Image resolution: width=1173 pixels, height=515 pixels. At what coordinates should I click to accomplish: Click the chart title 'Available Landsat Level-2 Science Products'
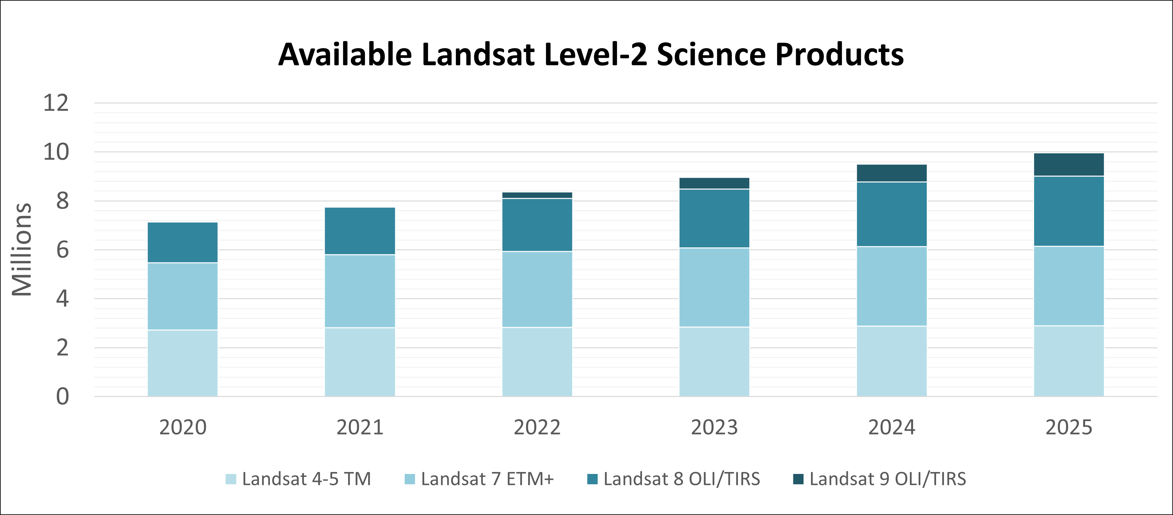pyautogui.click(x=591, y=55)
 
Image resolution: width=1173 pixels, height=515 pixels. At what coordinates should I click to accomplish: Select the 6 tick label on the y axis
pyautogui.click(x=62, y=250)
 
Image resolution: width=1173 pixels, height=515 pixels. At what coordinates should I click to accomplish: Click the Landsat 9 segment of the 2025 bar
pyautogui.click(x=1069, y=164)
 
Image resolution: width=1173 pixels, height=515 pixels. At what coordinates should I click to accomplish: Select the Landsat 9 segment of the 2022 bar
pyautogui.click(x=537, y=195)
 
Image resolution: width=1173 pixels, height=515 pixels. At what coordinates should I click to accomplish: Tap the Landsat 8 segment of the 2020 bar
pyautogui.click(x=183, y=242)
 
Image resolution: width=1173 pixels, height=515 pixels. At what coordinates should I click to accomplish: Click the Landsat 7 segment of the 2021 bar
pyautogui.click(x=360, y=291)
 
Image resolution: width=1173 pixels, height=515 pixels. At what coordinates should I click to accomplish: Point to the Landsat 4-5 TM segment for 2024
pyautogui.click(x=891, y=361)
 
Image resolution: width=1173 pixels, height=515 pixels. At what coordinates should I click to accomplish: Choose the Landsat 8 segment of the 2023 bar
pyautogui.click(x=714, y=219)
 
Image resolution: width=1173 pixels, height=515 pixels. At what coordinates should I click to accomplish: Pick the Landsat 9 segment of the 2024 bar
pyautogui.click(x=891, y=173)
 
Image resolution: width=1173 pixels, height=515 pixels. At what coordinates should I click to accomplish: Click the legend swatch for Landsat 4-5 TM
pyautogui.click(x=231, y=479)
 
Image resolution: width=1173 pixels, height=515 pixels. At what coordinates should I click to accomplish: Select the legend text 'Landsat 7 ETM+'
pyautogui.click(x=487, y=479)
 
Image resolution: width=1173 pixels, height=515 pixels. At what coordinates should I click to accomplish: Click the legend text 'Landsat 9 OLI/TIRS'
pyautogui.click(x=888, y=479)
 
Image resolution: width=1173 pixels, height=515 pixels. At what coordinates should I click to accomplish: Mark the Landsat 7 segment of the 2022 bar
pyautogui.click(x=537, y=289)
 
